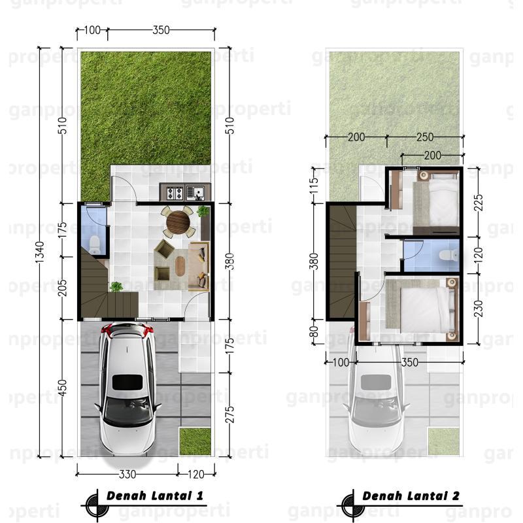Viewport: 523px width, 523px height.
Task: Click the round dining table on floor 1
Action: point(177,220)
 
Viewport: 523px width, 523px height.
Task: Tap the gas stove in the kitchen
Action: point(175,192)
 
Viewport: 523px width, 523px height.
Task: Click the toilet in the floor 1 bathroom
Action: point(95,245)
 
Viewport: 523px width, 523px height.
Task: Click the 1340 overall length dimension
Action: point(40,252)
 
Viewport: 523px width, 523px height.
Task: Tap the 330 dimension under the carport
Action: point(127,474)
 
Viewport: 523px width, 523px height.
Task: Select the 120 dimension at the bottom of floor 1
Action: point(196,474)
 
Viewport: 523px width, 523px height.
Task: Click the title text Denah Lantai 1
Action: point(155,496)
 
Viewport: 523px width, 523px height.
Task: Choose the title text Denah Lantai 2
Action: point(411,496)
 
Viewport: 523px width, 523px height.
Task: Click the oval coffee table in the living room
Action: point(180,266)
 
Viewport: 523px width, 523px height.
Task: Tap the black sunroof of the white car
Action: point(127,382)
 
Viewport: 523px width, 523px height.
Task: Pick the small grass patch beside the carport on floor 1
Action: point(195,442)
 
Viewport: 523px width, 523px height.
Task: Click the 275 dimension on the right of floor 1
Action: point(230,414)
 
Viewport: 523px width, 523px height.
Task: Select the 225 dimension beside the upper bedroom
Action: point(479,203)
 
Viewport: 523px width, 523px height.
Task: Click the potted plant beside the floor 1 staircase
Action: point(116,286)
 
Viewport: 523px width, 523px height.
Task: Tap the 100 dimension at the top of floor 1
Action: point(92,30)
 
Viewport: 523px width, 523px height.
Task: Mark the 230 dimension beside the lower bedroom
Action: point(479,309)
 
